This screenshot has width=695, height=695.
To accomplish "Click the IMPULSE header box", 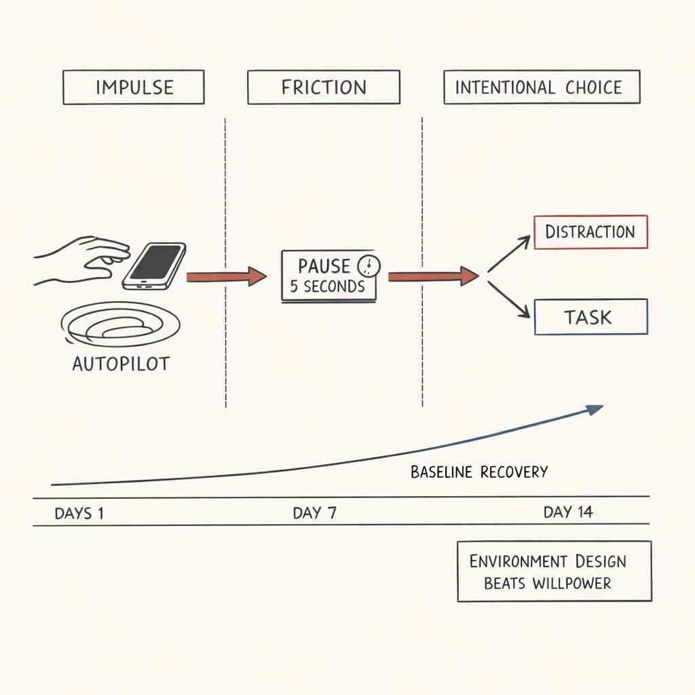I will (x=134, y=88).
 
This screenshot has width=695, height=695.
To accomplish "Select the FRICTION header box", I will (x=323, y=88).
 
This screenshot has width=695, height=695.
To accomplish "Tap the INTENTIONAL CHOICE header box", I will (x=541, y=88).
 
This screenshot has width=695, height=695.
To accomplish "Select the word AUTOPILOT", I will (x=121, y=364).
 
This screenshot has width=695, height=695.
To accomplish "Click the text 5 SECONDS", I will (x=327, y=286).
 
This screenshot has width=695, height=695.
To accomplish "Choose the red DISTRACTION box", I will (x=590, y=232).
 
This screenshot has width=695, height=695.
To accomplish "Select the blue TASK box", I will (x=590, y=317).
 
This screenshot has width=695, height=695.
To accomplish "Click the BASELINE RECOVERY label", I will (x=479, y=472).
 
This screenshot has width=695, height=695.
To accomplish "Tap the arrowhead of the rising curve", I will (x=595, y=409).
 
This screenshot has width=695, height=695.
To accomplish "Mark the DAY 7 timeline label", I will (x=314, y=513).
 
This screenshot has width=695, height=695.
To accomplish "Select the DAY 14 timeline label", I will (x=568, y=512).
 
